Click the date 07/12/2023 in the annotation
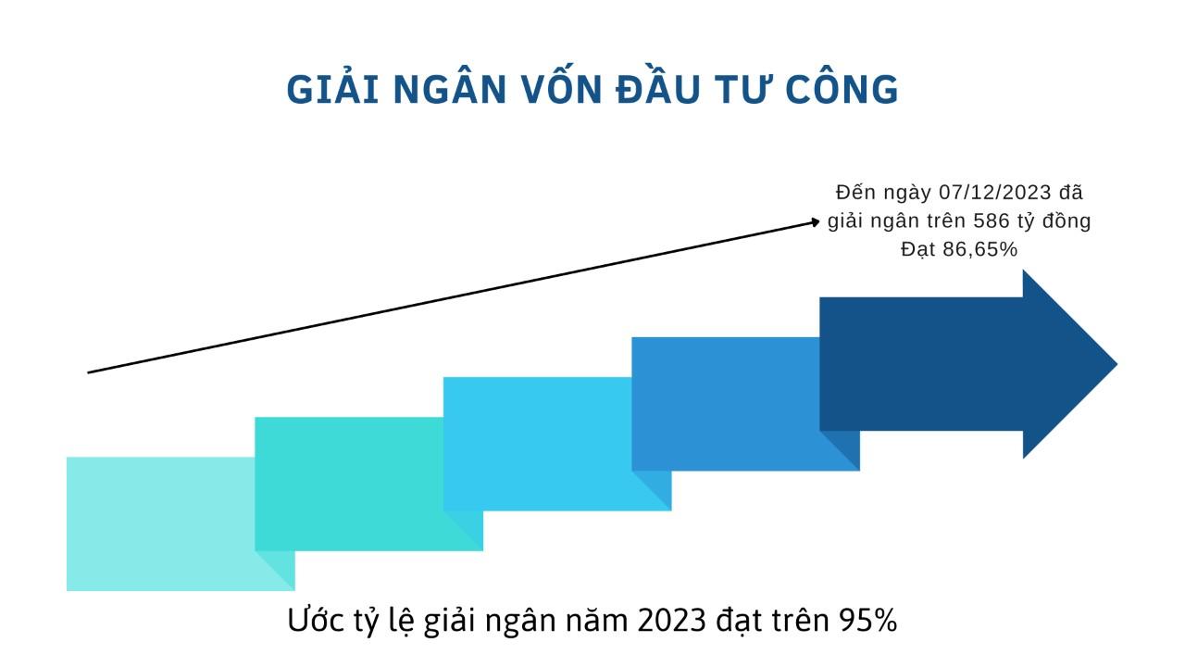pos(995,193)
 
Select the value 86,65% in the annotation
pos(987,249)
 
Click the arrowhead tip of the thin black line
pos(819,221)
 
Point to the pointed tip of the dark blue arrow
pos(1116,364)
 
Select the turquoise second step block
pos(349,484)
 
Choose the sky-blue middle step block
pos(538,444)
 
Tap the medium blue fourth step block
pos(726,403)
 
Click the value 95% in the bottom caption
pos(867,620)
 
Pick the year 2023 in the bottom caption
pos(672,620)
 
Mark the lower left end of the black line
pos(88,372)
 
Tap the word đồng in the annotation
pos(1066,221)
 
